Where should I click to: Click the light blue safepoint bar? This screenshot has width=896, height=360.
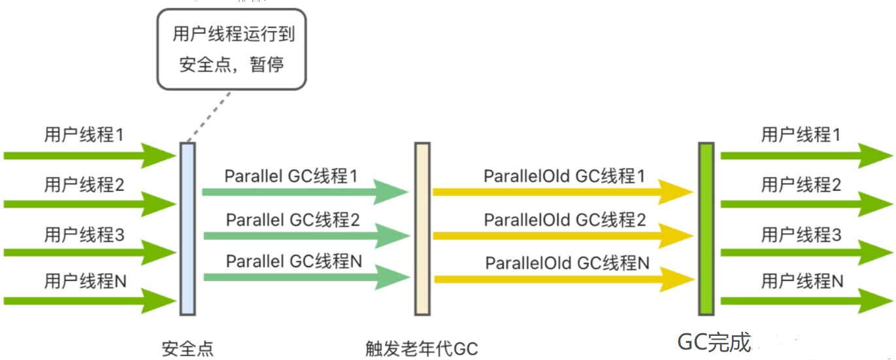click(x=188, y=229)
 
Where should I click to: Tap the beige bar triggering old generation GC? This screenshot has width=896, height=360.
click(x=422, y=229)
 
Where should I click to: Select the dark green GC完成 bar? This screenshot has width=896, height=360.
click(x=706, y=229)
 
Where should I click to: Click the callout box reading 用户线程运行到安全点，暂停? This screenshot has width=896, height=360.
click(x=231, y=50)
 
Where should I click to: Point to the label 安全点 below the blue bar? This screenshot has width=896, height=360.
click(x=188, y=348)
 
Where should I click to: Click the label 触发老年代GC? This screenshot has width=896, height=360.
click(x=422, y=348)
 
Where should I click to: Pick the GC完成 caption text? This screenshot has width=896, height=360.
click(x=714, y=342)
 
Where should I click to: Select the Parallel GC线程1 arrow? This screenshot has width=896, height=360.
click(x=305, y=192)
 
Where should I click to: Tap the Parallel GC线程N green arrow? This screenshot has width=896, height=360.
click(x=305, y=278)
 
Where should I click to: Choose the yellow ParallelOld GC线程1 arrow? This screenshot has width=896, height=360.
click(x=562, y=192)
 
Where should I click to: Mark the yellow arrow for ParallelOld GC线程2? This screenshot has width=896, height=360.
click(x=562, y=235)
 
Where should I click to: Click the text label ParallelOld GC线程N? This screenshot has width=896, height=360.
click(x=567, y=263)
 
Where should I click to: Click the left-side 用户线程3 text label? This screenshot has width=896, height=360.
click(x=84, y=235)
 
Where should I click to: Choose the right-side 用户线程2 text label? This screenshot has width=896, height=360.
click(x=801, y=185)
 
